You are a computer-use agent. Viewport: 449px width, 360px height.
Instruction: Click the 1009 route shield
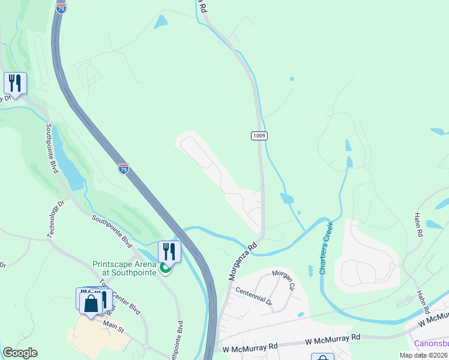259,136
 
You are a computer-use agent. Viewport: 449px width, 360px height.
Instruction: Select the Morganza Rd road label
242,262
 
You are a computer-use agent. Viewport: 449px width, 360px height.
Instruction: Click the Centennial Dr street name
253,294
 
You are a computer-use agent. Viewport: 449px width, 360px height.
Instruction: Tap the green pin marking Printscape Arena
166,268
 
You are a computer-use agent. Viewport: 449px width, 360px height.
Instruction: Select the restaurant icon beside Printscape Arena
169,251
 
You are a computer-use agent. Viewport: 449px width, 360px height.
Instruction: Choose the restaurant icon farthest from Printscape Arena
15,82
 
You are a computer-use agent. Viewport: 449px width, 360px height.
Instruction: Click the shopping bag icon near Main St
91,304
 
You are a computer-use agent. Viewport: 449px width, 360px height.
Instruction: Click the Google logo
20,353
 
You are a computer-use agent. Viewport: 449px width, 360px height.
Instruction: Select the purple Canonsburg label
432,344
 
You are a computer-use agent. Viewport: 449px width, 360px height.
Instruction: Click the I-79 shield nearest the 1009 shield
123,169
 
